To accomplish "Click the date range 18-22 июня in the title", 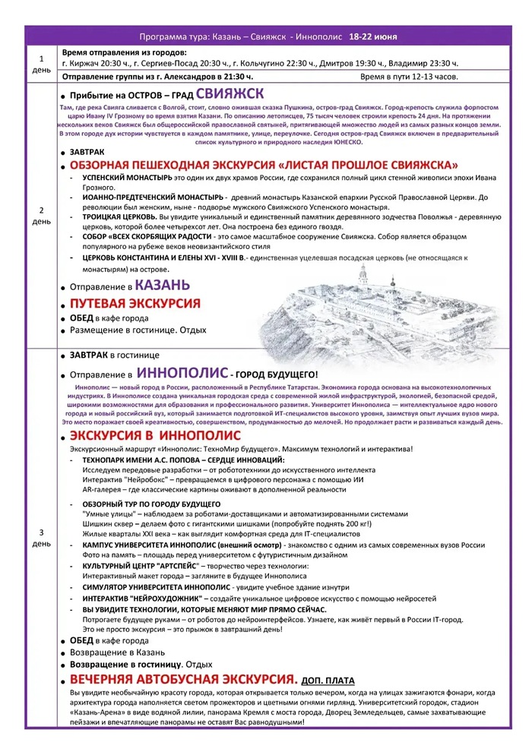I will tap(374, 36).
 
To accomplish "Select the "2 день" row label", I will tap(41, 216).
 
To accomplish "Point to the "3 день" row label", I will tap(41, 538).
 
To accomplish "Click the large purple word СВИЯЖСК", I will tap(230, 95).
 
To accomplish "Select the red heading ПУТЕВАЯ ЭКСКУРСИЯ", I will tap(135, 303).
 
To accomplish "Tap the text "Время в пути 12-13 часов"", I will tap(408, 77).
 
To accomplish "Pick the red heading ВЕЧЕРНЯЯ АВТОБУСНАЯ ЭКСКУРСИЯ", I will tap(182, 679).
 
